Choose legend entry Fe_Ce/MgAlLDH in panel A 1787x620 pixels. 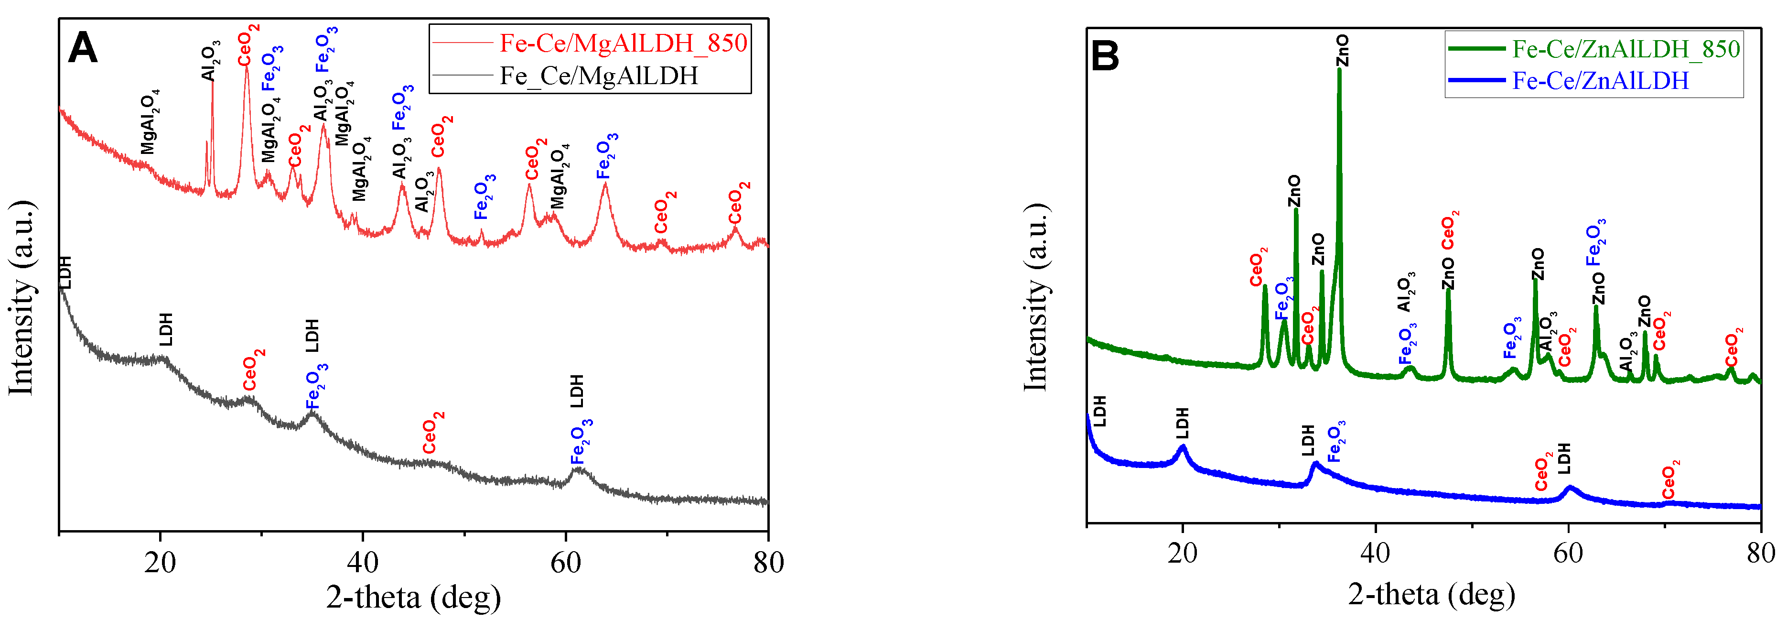[x=598, y=75]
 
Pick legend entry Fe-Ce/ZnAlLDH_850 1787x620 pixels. [x=1626, y=49]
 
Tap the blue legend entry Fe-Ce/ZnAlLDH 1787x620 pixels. [x=1600, y=80]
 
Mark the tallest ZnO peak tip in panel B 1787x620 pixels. [x=1339, y=69]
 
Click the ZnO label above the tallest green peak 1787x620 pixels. [x=1342, y=50]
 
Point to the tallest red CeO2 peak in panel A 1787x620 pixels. [x=246, y=68]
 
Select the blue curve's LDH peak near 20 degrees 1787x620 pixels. [x=1183, y=447]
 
